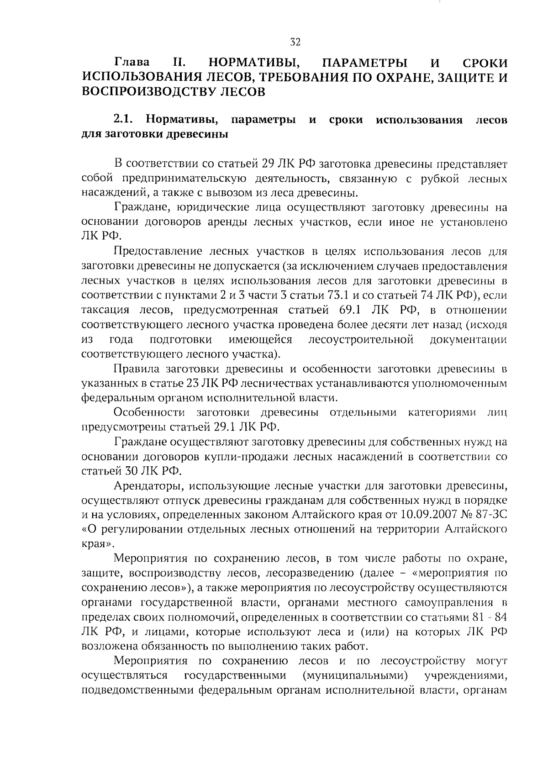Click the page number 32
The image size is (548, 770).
point(295,42)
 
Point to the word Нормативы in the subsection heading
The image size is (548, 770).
point(183,120)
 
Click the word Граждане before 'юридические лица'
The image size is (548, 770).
point(137,208)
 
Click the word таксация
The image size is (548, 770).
point(105,310)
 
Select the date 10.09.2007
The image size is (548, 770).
point(432,515)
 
